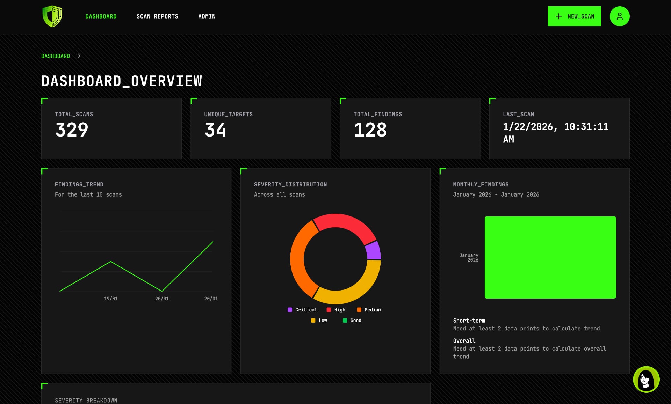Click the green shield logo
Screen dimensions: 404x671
point(52,16)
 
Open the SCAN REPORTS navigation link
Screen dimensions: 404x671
point(157,16)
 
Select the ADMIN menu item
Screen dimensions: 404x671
point(207,16)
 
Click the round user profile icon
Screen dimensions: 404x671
point(619,16)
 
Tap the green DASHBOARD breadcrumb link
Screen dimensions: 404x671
point(56,56)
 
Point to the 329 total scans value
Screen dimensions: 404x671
point(72,130)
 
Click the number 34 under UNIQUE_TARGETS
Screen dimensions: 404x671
point(215,130)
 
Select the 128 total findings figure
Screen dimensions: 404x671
point(370,130)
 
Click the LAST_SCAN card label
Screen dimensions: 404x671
point(518,114)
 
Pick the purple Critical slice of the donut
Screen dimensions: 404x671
point(373,250)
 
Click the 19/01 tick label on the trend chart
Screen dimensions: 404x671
point(111,299)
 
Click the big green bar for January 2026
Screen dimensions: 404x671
point(550,257)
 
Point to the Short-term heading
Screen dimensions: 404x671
point(469,321)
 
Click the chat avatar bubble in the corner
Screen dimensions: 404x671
point(646,379)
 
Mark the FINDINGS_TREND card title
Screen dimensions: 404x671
point(79,184)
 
